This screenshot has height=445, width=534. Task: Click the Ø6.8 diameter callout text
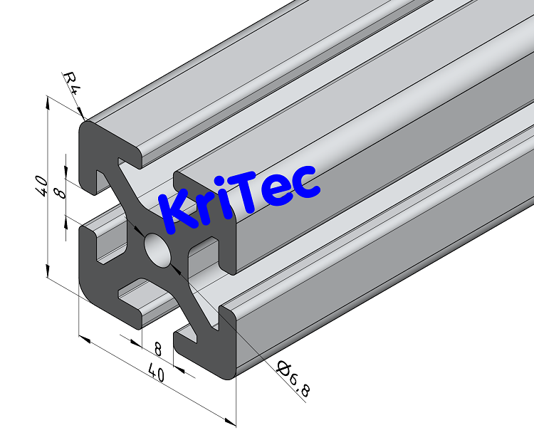(294, 379)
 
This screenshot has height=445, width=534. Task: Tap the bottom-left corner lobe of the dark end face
(96, 281)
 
